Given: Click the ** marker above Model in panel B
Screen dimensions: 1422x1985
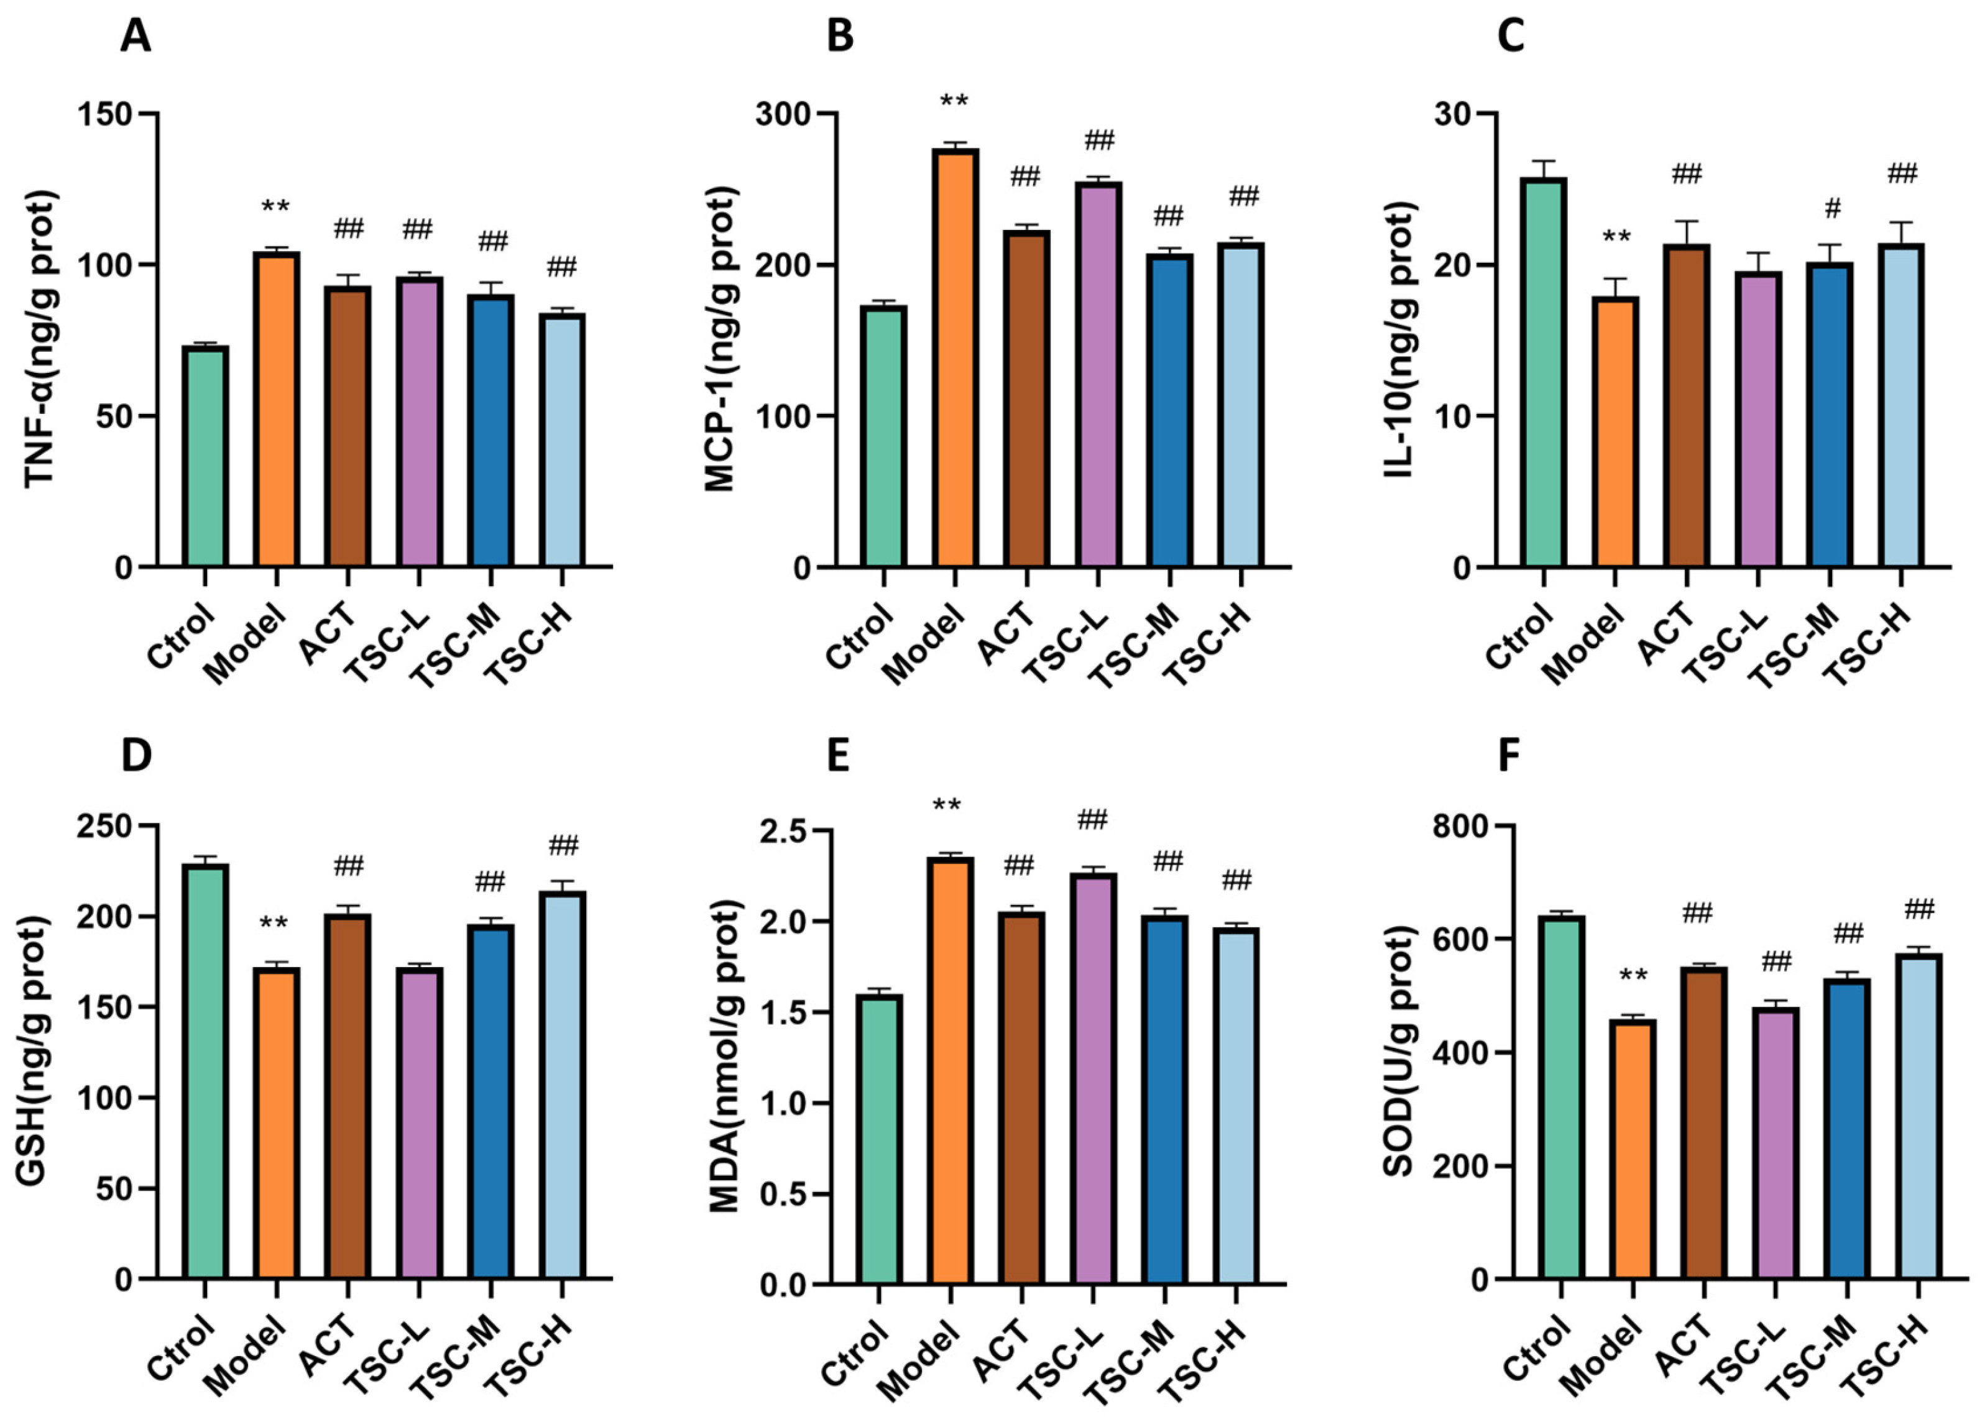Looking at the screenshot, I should [954, 103].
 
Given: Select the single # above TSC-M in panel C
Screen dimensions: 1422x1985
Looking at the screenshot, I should [1833, 208].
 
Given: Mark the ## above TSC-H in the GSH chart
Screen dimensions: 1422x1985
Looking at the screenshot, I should [563, 845].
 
